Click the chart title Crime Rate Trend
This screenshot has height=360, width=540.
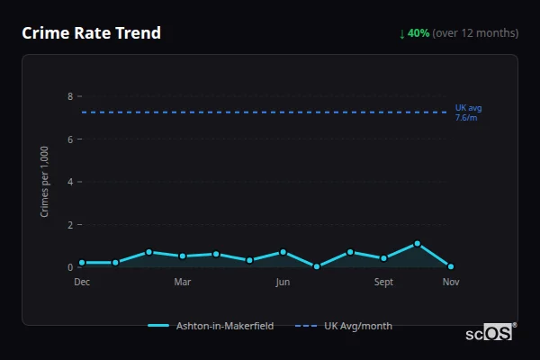coord(91,33)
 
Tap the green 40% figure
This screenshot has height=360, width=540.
coord(418,33)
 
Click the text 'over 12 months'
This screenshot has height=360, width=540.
coord(475,33)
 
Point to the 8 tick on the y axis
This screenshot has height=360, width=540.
coord(70,96)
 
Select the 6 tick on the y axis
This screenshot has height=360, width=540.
coord(70,139)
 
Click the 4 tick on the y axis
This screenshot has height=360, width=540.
coord(70,182)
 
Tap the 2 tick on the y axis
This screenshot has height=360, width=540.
coord(70,225)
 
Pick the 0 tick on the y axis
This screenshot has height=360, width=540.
coord(70,267)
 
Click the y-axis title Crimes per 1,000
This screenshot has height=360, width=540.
coord(45,182)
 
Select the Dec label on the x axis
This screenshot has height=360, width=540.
coord(82,283)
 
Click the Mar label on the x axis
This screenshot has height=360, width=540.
coord(183,283)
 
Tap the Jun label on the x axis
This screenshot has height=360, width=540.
coord(283,283)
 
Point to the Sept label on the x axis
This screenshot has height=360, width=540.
coord(383,283)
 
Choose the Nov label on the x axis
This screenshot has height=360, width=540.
coord(451,283)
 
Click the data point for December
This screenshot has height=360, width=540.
coord(82,263)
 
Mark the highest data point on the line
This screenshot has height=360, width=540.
coord(418,244)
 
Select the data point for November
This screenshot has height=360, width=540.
coord(451,266)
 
